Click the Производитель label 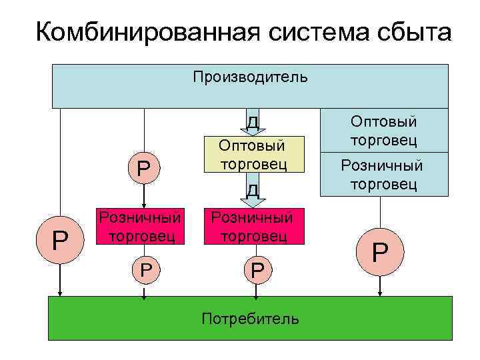click(250, 77)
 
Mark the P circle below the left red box click(143, 269)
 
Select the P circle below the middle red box click(256, 269)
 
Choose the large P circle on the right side click(380, 252)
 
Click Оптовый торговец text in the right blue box click(384, 131)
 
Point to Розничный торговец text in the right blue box click(384, 174)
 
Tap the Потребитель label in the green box click(250, 318)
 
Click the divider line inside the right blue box click(384, 152)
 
